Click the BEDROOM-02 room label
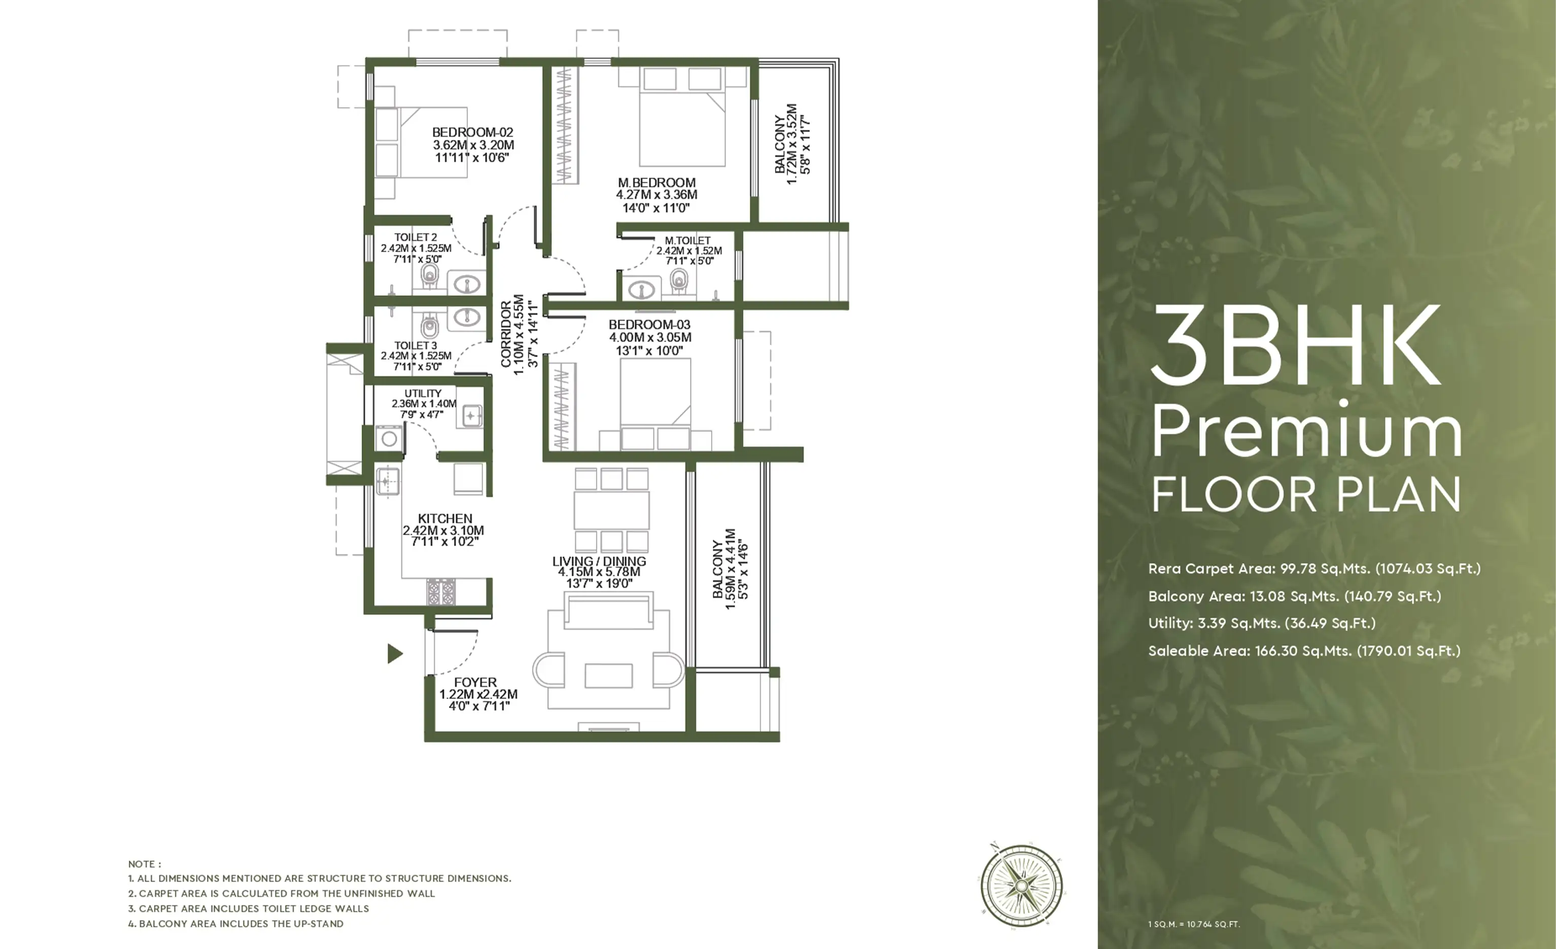click(x=472, y=132)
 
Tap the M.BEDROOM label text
click(x=657, y=183)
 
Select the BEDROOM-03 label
click(x=649, y=325)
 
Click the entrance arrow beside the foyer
click(x=395, y=653)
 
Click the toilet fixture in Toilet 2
click(x=429, y=276)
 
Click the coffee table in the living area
click(x=609, y=676)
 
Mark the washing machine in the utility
click(x=389, y=438)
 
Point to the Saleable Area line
click(x=1304, y=651)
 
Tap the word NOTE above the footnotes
click(x=145, y=864)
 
